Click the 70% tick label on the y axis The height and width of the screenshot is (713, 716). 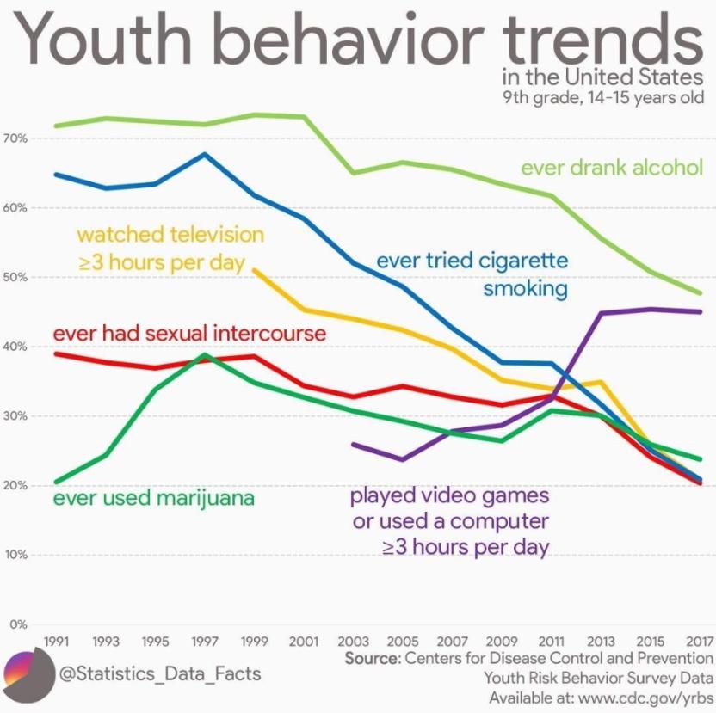17,138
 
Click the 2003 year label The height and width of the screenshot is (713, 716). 353,642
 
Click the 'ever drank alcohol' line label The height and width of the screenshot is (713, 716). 612,167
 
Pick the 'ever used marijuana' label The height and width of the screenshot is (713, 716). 154,498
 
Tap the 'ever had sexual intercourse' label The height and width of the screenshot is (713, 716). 189,333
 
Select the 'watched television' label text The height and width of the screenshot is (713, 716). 170,234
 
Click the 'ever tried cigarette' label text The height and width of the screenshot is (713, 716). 472,260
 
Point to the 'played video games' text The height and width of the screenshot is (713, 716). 449,496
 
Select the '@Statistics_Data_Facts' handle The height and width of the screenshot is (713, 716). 160,672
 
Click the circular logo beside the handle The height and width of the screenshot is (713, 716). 28,672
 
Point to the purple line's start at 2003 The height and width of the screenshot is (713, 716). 353,444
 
